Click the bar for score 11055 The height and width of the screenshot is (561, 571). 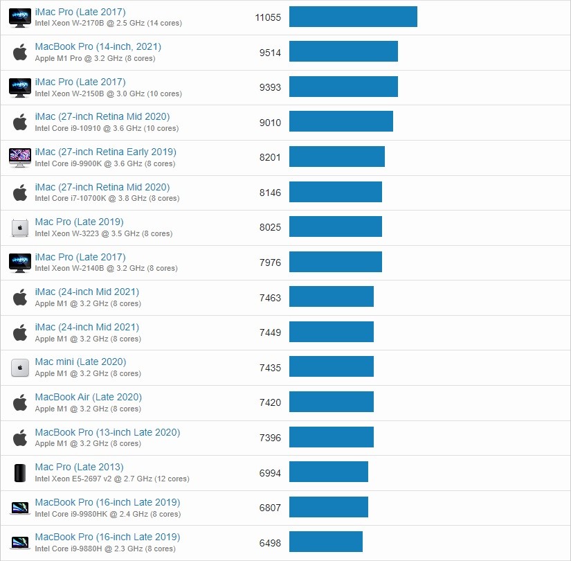[x=353, y=17]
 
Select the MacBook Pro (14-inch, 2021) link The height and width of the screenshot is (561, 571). [x=98, y=46]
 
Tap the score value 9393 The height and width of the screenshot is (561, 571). [x=270, y=87]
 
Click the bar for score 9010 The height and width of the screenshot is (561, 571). [x=341, y=122]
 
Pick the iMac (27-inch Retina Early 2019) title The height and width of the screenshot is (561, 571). [x=105, y=152]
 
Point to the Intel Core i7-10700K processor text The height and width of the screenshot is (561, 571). [x=107, y=199]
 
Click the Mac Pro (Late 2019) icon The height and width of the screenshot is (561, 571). [x=20, y=227]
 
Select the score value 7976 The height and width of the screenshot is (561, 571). [x=270, y=262]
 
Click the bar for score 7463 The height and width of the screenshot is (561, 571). [x=331, y=297]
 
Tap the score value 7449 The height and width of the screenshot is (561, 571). [x=270, y=332]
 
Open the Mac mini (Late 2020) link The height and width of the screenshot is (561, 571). [x=80, y=362]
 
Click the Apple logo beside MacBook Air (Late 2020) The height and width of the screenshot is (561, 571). [x=20, y=402]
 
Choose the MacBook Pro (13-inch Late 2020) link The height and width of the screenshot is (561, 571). [x=107, y=432]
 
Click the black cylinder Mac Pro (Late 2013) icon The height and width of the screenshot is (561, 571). [x=20, y=472]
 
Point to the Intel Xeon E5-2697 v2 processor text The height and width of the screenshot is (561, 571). [x=112, y=479]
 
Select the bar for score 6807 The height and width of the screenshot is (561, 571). [x=328, y=507]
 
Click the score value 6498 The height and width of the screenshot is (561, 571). [x=270, y=542]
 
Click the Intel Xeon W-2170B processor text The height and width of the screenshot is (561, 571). [x=108, y=23]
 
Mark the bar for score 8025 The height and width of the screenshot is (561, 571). [x=335, y=227]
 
